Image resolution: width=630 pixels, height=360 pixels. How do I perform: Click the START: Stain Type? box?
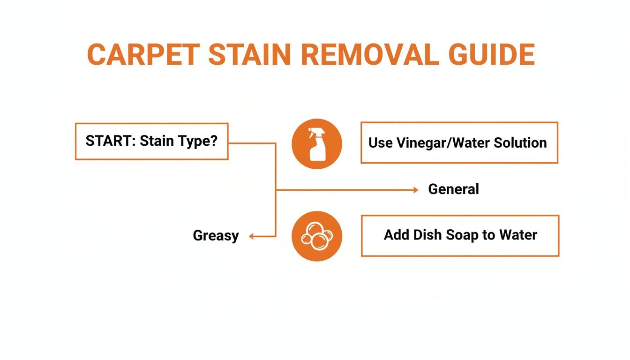(x=151, y=141)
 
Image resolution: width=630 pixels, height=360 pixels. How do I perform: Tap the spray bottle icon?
(x=316, y=143)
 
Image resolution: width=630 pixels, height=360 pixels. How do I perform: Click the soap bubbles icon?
(x=316, y=236)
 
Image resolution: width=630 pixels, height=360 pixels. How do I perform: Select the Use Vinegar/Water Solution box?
(x=459, y=142)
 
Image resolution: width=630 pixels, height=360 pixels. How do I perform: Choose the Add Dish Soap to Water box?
(x=460, y=235)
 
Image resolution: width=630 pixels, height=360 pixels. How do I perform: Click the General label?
(x=453, y=189)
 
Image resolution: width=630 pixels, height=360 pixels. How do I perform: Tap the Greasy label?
(x=216, y=236)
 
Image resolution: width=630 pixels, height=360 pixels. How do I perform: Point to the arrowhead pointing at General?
(x=415, y=190)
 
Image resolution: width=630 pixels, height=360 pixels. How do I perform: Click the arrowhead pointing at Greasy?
(x=251, y=237)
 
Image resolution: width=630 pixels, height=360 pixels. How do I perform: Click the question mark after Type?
(x=214, y=141)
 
